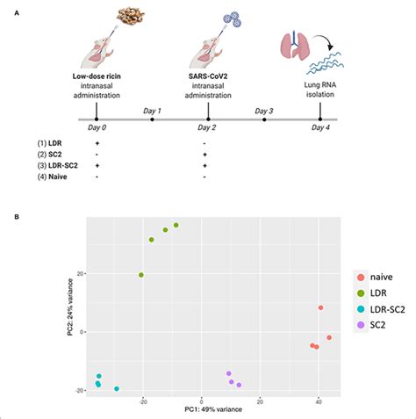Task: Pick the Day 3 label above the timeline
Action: point(264,110)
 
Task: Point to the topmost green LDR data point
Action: point(176,226)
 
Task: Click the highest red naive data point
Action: point(321,307)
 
